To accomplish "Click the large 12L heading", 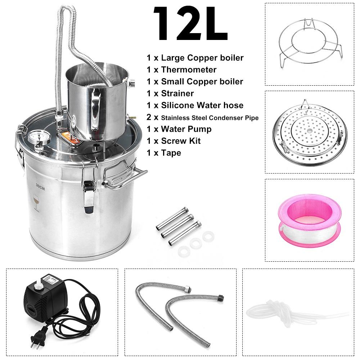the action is click(x=190, y=23).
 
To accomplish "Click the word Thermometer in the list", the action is click(x=189, y=69).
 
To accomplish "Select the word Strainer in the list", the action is click(x=177, y=94).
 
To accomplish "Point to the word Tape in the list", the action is click(x=171, y=153).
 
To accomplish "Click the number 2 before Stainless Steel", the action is click(x=149, y=117).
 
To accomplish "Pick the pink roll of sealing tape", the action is click(x=310, y=220).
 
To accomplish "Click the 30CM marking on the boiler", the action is click(x=40, y=187).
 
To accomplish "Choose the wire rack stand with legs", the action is click(x=310, y=44).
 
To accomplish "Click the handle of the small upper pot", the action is click(x=95, y=109).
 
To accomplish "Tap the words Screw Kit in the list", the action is click(x=181, y=141).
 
